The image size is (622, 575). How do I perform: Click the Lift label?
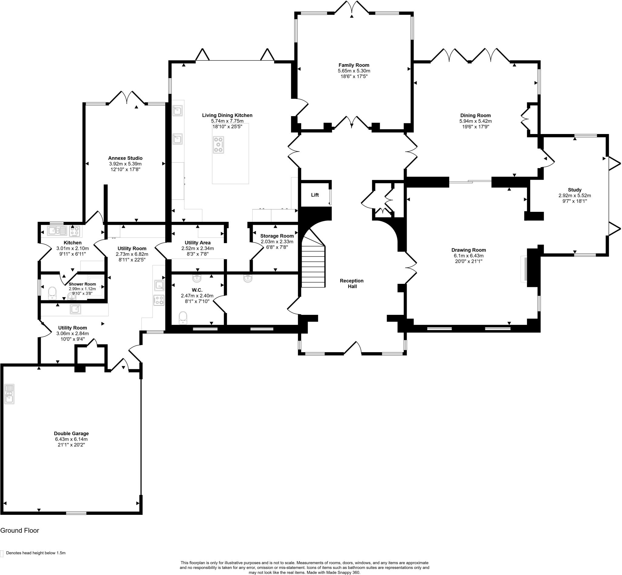click(x=315, y=195)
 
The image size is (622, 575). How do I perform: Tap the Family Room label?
click(x=354, y=65)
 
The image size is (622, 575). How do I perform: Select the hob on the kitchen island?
click(x=218, y=144)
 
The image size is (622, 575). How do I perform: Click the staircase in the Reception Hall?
click(x=313, y=266)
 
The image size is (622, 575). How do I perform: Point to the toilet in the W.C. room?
click(x=183, y=318)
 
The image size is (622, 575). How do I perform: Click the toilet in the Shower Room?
click(x=52, y=293)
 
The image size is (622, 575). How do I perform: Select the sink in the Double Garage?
click(x=9, y=394)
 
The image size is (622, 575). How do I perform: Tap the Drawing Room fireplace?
click(x=524, y=269)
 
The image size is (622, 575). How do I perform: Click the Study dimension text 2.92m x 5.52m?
click(x=574, y=195)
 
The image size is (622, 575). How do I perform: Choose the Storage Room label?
click(x=276, y=236)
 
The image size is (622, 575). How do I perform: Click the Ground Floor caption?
click(x=20, y=531)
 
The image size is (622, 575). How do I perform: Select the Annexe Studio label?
click(x=125, y=158)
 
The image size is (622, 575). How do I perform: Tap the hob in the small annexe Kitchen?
click(x=75, y=231)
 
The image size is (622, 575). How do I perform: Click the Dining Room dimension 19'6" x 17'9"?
click(x=475, y=127)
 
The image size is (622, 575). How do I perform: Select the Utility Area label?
click(x=197, y=243)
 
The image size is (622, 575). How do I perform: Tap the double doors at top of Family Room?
click(x=352, y=8)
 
